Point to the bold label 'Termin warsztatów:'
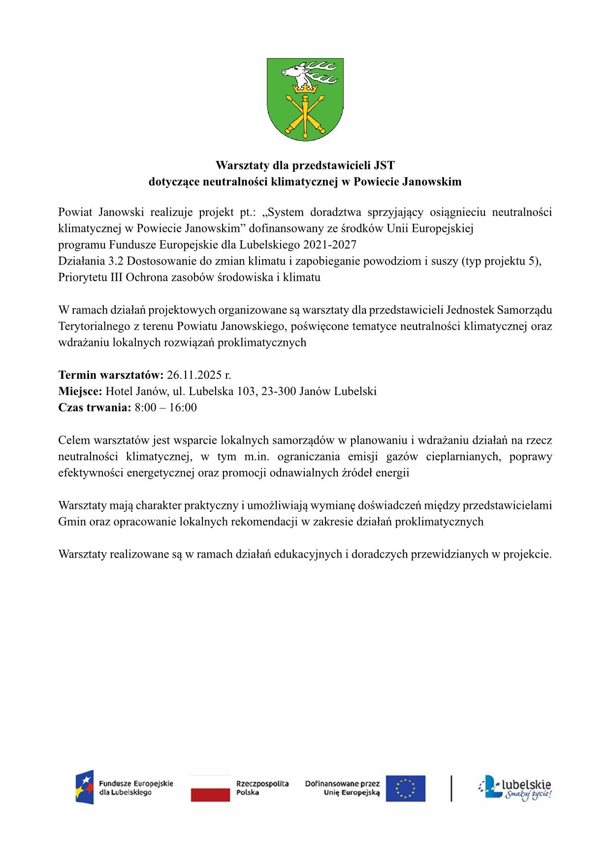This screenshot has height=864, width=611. point(111,375)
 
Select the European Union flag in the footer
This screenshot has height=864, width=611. point(406,788)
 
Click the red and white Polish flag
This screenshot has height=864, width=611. point(210,788)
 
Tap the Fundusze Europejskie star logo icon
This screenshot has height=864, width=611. point(84,787)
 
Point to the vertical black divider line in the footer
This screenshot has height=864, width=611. point(451,788)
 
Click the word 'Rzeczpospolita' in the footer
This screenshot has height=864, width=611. point(262,783)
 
